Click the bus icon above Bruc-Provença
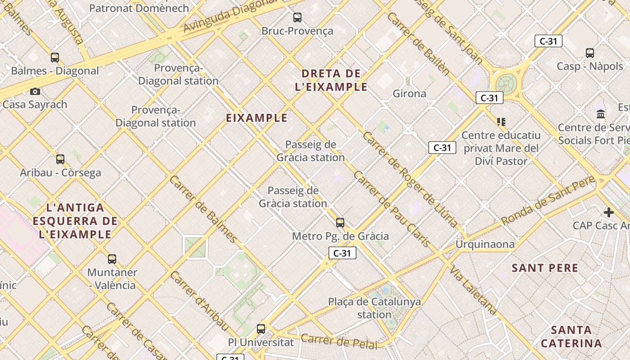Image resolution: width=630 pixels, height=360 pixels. coord(297,18)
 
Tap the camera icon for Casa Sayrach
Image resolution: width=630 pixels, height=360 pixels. coord(35,92)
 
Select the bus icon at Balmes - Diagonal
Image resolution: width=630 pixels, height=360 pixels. coord(55,58)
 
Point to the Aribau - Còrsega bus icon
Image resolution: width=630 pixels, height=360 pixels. coord(60,159)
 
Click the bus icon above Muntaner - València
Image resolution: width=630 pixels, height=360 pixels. coord(112,259)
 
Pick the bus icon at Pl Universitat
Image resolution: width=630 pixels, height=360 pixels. coord(261,329)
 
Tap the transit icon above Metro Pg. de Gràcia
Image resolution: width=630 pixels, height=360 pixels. coord(340,223)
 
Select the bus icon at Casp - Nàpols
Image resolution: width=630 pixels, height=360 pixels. coord(590,53)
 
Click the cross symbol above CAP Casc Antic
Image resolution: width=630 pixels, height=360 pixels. coord(609,212)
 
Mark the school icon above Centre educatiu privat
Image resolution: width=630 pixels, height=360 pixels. coord(501,121)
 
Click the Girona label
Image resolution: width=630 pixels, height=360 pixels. coord(409,94)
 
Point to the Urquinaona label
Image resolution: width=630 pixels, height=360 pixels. coord(485,244)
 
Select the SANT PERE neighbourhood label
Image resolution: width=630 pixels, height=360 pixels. coord(545,268)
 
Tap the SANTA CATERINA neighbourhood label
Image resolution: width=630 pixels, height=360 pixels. coord(571,337)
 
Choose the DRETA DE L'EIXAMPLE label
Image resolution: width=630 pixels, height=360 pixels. coord(331,80)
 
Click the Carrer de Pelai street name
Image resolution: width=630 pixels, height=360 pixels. coord(339,341)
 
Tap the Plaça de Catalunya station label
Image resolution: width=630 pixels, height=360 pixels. coord(374,308)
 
